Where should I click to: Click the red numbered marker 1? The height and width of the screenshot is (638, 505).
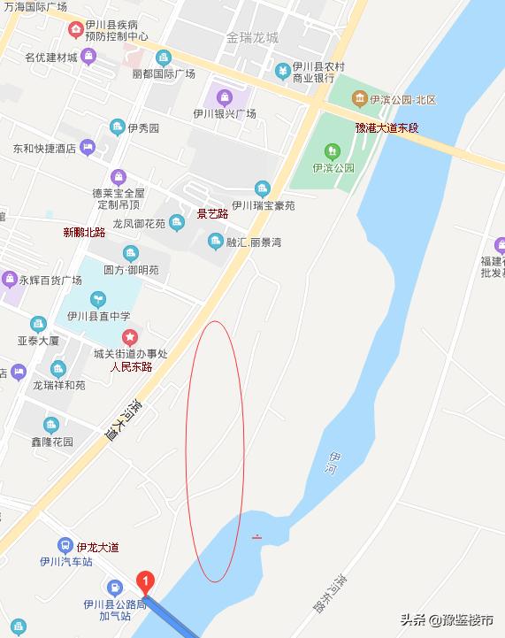(x=147, y=581)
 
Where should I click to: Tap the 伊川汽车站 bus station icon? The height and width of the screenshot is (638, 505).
(x=65, y=545)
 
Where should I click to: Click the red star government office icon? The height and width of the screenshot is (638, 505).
(x=130, y=336)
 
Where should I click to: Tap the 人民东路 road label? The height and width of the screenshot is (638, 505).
(x=131, y=366)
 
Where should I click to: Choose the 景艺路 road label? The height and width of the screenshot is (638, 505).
(x=212, y=213)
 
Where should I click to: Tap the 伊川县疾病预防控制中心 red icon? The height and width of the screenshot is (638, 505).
(x=77, y=29)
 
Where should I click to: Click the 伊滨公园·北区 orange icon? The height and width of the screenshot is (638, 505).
(x=359, y=98)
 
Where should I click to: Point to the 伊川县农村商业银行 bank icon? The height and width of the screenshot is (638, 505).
(x=282, y=70)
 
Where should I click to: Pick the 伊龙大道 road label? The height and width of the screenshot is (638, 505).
(x=97, y=547)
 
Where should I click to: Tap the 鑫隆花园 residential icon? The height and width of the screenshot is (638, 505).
(x=51, y=426)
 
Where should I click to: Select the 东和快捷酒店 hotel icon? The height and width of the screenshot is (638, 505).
(x=87, y=148)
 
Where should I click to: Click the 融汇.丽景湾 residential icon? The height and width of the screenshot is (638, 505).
(x=214, y=242)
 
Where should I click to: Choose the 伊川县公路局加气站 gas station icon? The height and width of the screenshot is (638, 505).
(x=114, y=587)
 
